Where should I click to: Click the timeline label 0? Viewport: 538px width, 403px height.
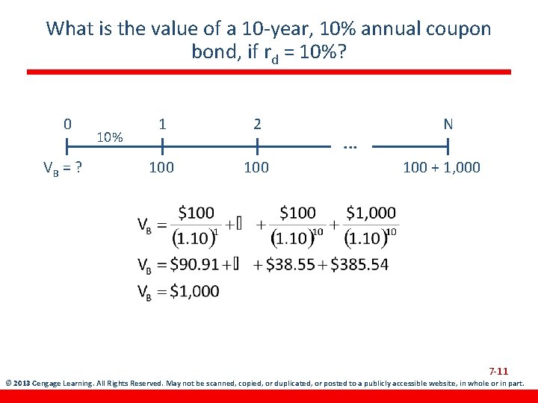67,124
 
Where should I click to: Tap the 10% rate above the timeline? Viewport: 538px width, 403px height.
111,137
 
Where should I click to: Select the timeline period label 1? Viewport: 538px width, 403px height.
162,124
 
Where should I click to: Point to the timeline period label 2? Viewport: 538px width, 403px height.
257,124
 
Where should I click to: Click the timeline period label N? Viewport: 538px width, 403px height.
448,124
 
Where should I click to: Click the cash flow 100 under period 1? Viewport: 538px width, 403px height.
161,167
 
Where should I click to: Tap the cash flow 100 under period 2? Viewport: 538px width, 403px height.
257,167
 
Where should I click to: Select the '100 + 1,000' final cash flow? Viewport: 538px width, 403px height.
442,167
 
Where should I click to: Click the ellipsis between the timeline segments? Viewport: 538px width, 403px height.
349,146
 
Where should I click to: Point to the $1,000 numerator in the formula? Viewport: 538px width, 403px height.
371,213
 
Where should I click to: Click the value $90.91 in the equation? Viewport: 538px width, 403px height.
194,264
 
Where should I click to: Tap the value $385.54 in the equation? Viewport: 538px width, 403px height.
359,264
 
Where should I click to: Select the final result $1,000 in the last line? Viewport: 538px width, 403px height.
195,291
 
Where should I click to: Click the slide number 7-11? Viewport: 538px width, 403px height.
498,372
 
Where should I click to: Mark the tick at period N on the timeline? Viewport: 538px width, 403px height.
448,145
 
